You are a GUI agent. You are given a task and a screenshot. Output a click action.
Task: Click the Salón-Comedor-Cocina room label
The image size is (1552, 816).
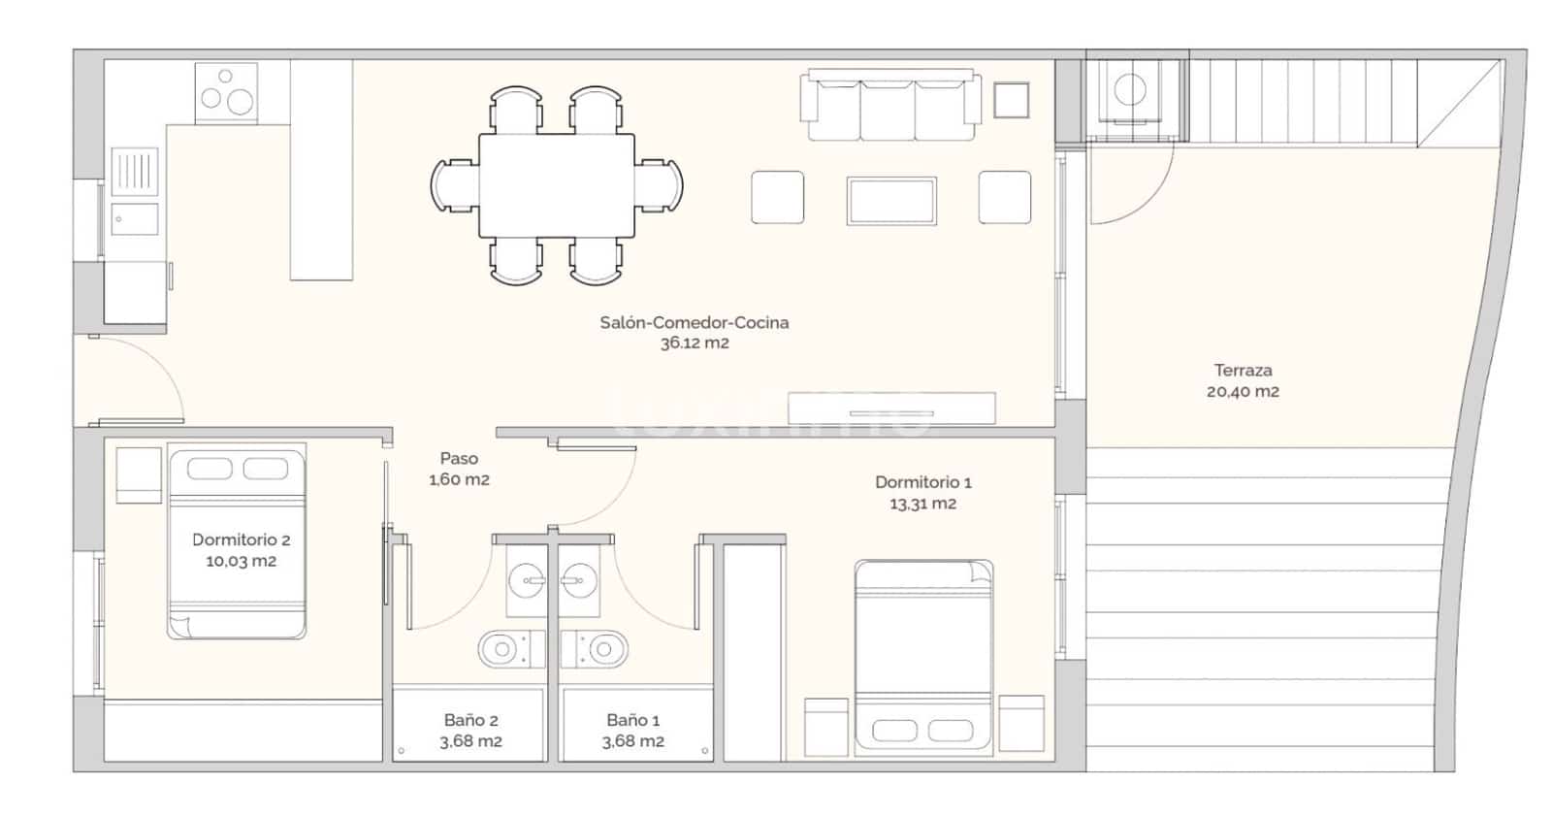pyautogui.click(x=694, y=322)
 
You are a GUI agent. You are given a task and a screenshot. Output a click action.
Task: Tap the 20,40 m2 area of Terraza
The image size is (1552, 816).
pyautogui.click(x=1243, y=392)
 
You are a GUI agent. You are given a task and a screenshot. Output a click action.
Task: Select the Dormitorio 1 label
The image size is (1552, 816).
pyautogui.click(x=922, y=482)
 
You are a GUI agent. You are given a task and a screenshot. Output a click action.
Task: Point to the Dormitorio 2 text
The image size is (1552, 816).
pyautogui.click(x=241, y=539)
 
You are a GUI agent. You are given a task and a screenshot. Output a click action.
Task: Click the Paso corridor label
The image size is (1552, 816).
pyautogui.click(x=459, y=458)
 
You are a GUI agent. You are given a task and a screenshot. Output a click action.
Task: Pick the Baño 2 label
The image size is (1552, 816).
pyautogui.click(x=470, y=720)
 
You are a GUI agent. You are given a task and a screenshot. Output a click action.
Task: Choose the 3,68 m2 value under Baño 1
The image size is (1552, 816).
pyautogui.click(x=632, y=741)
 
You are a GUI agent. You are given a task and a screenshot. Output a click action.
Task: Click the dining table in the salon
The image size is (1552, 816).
pyautogui.click(x=556, y=184)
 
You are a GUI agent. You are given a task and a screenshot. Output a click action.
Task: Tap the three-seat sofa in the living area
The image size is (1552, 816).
pyautogui.click(x=889, y=107)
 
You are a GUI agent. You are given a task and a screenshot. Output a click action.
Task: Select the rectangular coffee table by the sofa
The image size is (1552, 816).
pyautogui.click(x=890, y=201)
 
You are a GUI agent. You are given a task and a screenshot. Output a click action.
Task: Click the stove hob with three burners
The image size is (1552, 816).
pyautogui.click(x=226, y=93)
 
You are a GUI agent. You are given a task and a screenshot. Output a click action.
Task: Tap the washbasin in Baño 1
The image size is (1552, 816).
pyautogui.click(x=580, y=582)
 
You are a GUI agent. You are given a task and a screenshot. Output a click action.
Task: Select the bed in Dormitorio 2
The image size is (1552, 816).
pyautogui.click(x=237, y=540)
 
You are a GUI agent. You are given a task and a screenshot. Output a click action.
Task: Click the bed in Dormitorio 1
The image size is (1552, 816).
pyautogui.click(x=922, y=656)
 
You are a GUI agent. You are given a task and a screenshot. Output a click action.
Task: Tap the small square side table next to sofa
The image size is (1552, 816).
pyautogui.click(x=1011, y=100)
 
